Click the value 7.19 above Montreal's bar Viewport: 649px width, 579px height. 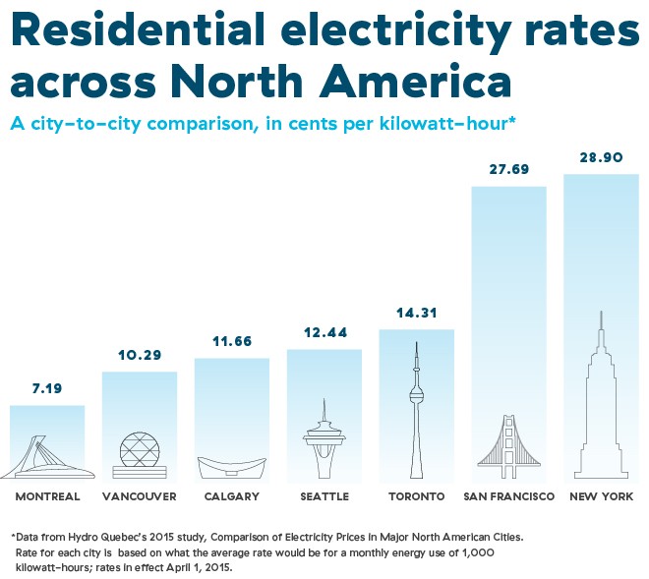[46, 388]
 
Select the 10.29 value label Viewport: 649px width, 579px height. [139, 355]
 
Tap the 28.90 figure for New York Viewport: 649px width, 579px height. [600, 157]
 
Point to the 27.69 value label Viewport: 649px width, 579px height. [508, 169]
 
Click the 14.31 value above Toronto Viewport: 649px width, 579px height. [416, 313]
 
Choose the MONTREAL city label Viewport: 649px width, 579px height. [47, 496]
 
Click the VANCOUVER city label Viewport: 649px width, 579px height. [140, 496]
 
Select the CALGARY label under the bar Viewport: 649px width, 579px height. [231, 496]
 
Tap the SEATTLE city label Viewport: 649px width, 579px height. [324, 496]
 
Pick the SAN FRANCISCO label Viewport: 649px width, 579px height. [508, 496]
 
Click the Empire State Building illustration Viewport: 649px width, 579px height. [600, 403]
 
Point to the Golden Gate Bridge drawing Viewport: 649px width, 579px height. [508, 442]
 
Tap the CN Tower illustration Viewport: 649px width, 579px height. [416, 413]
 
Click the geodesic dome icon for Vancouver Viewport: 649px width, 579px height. [139, 454]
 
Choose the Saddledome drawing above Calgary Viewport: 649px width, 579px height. [231, 466]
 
